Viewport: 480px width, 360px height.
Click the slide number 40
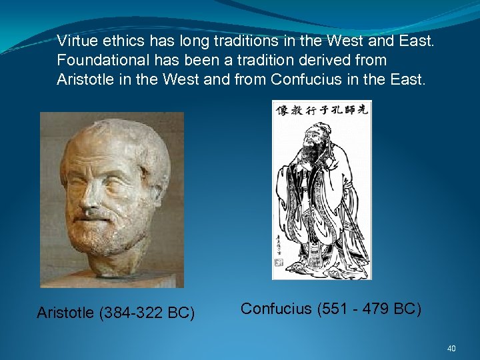click(x=451, y=348)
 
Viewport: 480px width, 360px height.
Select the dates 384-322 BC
click(x=147, y=313)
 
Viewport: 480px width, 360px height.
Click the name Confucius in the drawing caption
click(x=276, y=309)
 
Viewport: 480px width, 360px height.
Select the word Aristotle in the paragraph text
click(x=85, y=79)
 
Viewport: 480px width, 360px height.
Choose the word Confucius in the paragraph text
click(x=300, y=79)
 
